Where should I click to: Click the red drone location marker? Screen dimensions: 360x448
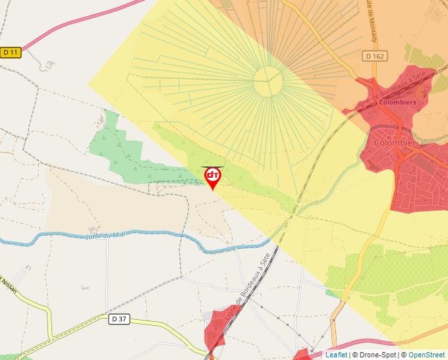212,177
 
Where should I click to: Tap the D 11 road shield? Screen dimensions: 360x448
11,52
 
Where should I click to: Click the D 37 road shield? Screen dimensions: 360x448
119,320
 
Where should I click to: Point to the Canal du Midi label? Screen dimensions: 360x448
105,235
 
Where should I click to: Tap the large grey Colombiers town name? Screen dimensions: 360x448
397,142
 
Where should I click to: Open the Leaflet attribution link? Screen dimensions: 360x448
336,355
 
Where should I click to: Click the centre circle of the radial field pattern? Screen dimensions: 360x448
268,82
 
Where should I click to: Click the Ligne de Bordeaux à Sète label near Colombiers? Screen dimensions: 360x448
381,91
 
